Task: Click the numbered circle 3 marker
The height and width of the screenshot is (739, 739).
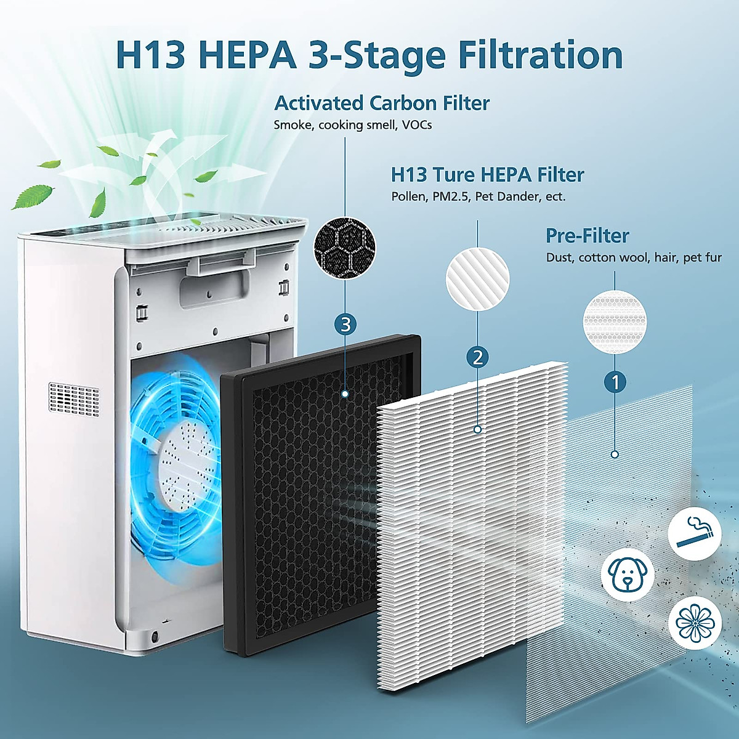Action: [x=345, y=324]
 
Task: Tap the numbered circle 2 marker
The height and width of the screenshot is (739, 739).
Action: [x=478, y=357]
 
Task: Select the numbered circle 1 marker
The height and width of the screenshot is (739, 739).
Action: [x=615, y=382]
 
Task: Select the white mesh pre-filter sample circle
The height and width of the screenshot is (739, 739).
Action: [x=615, y=321]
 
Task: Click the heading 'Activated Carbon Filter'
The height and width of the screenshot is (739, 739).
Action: [x=382, y=103]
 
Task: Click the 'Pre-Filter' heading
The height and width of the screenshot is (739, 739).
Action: [x=587, y=236]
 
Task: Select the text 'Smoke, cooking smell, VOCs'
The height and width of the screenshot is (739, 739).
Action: [x=353, y=125]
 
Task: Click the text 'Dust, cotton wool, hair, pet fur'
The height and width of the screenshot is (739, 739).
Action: [x=634, y=257]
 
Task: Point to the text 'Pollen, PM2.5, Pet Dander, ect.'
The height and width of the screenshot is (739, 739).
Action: [x=478, y=197]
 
